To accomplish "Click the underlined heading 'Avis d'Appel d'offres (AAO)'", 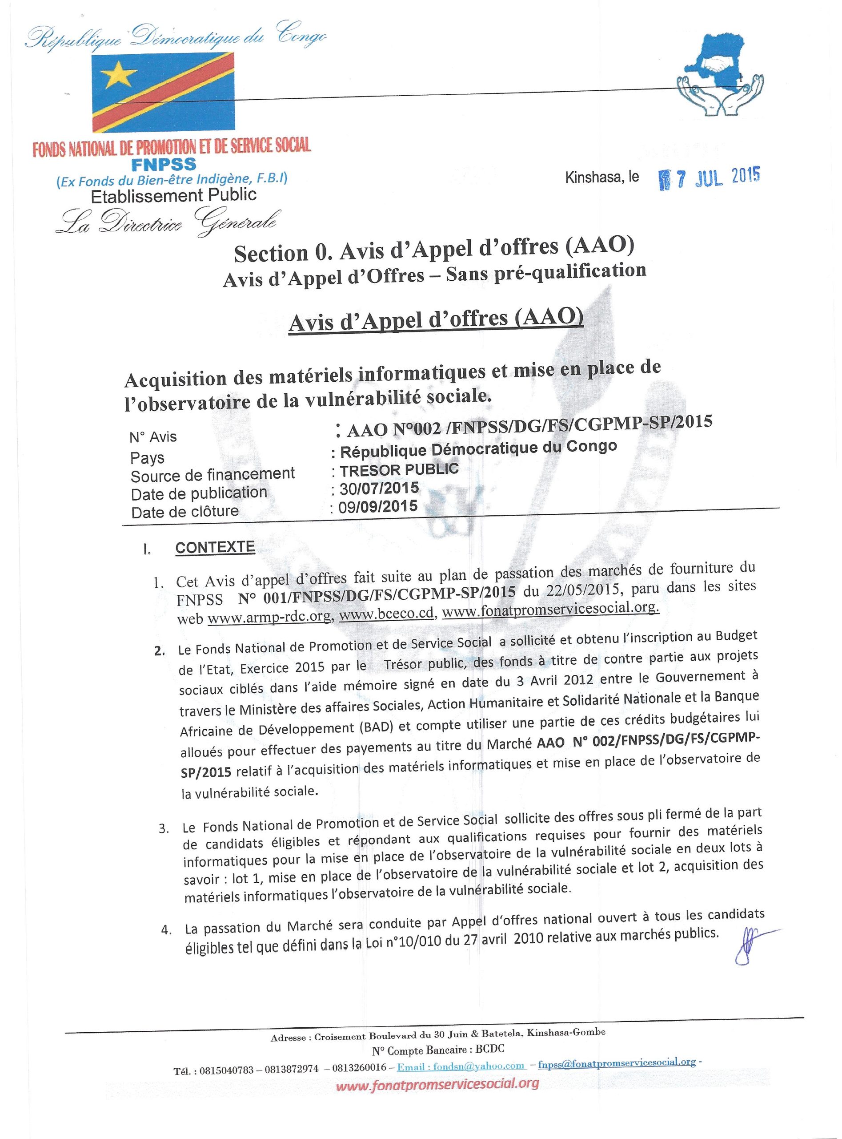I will tap(435, 321).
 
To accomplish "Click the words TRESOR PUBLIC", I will tap(399, 469).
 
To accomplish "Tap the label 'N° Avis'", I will tap(153, 437).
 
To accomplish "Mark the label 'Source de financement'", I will tap(213, 475).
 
